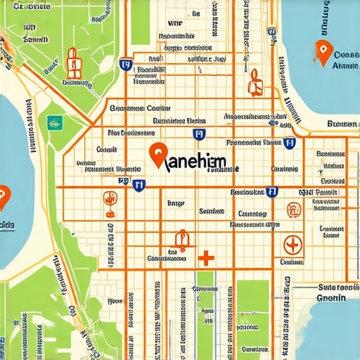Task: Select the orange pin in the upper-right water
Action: click(x=323, y=53)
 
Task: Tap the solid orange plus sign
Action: click(x=205, y=258)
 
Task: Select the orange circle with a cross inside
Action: click(x=292, y=245)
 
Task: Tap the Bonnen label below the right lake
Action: click(x=342, y=124)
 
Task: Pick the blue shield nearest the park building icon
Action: click(x=126, y=65)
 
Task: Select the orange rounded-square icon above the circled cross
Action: click(x=293, y=209)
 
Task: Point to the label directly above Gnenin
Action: click(x=337, y=287)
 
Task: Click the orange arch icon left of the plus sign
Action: click(x=181, y=241)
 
